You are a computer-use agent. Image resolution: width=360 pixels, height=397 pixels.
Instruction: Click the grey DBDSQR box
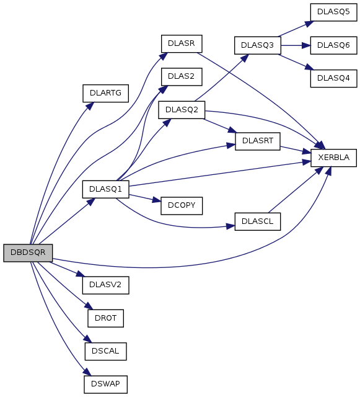click(28, 252)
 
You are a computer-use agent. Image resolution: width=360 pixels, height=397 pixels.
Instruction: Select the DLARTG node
click(105, 94)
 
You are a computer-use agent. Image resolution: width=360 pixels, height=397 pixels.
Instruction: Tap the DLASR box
click(182, 43)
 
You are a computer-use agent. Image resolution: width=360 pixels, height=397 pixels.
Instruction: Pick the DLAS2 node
click(182, 76)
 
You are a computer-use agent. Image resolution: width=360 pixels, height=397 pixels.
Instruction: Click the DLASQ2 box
click(182, 110)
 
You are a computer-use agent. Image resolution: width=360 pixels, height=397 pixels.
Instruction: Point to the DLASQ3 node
click(258, 45)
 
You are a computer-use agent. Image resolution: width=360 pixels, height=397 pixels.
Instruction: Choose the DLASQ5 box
click(333, 12)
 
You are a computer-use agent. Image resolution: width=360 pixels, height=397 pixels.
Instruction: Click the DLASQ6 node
click(333, 45)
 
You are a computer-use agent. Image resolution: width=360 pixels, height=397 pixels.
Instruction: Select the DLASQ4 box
click(333, 79)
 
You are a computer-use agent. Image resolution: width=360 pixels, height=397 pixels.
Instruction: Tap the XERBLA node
click(333, 158)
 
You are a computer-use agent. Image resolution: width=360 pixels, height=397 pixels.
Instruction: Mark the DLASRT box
click(258, 141)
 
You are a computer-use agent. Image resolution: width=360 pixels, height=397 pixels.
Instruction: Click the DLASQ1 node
click(105, 189)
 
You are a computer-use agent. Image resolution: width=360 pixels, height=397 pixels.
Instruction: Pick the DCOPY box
click(182, 205)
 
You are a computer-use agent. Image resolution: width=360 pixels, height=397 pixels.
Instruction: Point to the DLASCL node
click(258, 221)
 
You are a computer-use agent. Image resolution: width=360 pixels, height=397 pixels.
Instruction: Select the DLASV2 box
click(105, 285)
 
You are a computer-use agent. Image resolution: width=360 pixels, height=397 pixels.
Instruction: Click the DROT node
click(105, 318)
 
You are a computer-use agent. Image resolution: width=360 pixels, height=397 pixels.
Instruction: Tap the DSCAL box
click(105, 352)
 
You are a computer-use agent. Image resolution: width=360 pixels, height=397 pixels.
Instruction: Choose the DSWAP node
click(105, 385)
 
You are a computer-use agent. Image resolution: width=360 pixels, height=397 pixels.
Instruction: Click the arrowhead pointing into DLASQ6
click(306, 45)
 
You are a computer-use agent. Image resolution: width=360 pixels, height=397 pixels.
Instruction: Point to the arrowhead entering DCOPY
click(157, 200)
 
